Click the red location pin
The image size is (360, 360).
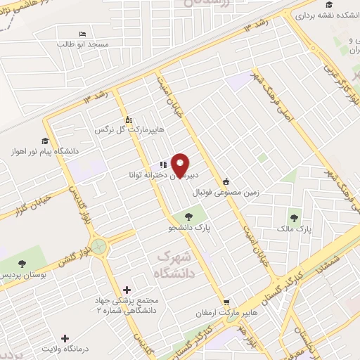pyautogui.click(x=181, y=165)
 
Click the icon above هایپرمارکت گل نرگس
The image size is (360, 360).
pyautogui.click(x=127, y=119)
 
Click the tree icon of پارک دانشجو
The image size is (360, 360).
pyautogui.click(x=188, y=217)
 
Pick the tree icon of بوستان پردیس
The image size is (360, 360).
pyautogui.click(x=22, y=264)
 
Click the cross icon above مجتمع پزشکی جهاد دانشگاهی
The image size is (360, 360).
pyautogui.click(x=127, y=289)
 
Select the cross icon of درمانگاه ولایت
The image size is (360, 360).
pyautogui.click(x=65, y=338)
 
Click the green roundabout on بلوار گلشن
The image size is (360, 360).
pyautogui.click(x=98, y=246)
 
